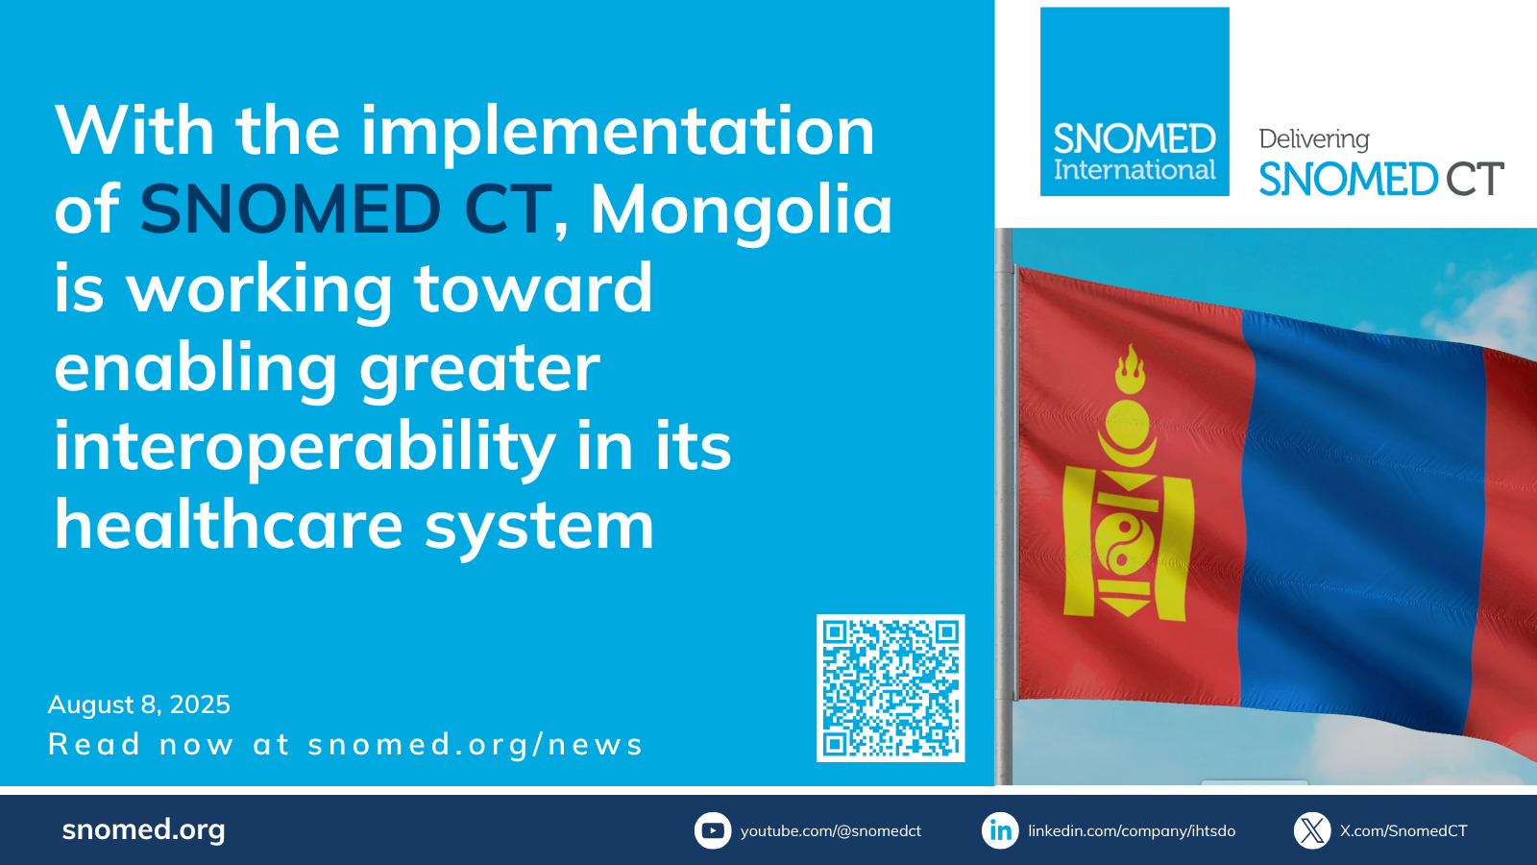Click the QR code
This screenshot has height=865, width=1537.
[x=890, y=688]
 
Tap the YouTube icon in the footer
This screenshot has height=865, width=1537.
[x=713, y=830]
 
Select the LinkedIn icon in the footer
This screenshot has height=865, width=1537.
[x=1000, y=830]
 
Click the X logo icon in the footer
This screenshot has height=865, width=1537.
[x=1312, y=830]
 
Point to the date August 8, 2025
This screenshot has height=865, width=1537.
[x=139, y=705]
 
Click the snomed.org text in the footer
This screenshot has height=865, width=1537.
[x=143, y=830]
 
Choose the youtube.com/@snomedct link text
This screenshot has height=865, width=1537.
[x=831, y=831]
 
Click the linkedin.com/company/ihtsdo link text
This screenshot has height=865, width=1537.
[x=1132, y=831]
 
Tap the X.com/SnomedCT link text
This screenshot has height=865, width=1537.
[x=1403, y=831]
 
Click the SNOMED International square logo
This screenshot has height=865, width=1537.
[x=1134, y=102]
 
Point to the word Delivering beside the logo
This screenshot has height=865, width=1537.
[x=1314, y=139]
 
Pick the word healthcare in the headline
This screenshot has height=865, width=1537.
[x=229, y=526]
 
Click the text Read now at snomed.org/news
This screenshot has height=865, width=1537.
[x=345, y=745]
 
